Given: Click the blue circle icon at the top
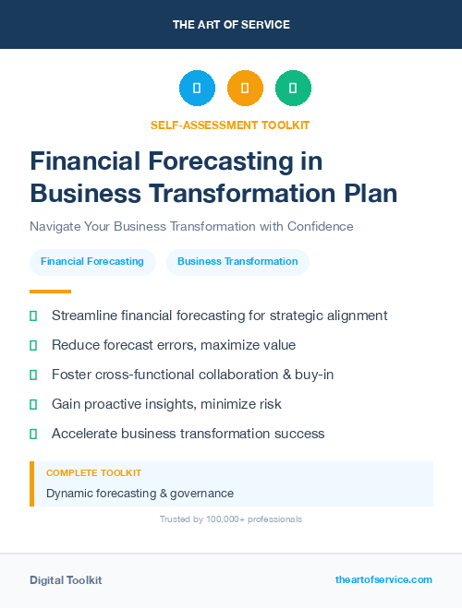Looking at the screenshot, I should pos(197,89).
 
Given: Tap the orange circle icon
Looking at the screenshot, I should pos(245,89).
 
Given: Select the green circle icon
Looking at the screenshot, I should pos(293,89).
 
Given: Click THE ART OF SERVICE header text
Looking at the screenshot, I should pos(231,25).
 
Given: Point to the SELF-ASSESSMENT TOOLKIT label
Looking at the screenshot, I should pos(230,125).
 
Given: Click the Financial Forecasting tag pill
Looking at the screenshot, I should pos(92,261).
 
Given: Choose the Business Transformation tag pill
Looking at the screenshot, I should pos(237,261).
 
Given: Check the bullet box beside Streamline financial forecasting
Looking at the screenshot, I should pos(33,316).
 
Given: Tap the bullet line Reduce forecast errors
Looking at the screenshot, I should pos(174,345).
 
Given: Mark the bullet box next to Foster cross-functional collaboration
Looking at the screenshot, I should pos(33,375).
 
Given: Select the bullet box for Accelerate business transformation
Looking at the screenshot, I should pos(33,434).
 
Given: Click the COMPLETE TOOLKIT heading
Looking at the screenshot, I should pos(88,472).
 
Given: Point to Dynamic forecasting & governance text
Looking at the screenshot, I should pos(140,494).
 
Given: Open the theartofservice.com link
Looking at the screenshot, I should pos(383,579).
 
